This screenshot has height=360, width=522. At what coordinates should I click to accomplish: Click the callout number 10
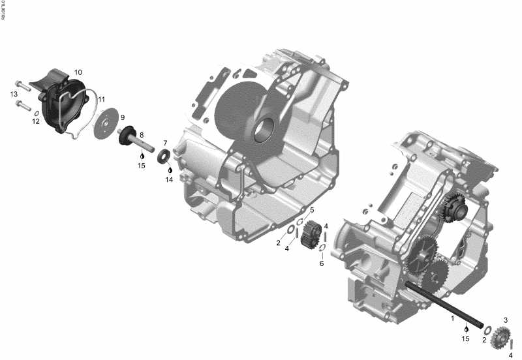pyautogui.click(x=78, y=72)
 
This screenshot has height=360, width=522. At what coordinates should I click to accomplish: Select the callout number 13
pyautogui.click(x=14, y=95)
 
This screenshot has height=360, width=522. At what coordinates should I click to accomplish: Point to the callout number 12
pyautogui.click(x=36, y=121)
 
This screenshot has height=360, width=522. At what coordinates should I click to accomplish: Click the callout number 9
pyautogui.click(x=122, y=117)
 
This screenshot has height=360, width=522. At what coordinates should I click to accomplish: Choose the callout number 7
pyautogui.click(x=165, y=143)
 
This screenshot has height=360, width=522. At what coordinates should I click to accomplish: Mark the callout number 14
pyautogui.click(x=169, y=179)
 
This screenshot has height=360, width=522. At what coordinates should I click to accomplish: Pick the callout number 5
pyautogui.click(x=312, y=209)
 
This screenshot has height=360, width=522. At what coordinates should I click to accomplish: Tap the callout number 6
pyautogui.click(x=322, y=263)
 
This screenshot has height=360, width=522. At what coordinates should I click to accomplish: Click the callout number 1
pyautogui.click(x=452, y=319)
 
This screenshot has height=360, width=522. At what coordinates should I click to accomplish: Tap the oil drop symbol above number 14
pyautogui.click(x=169, y=170)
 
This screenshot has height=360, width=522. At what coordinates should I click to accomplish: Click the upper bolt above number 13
pyautogui.click(x=20, y=84)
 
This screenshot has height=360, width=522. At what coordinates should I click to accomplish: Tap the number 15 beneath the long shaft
pyautogui.click(x=466, y=339)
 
